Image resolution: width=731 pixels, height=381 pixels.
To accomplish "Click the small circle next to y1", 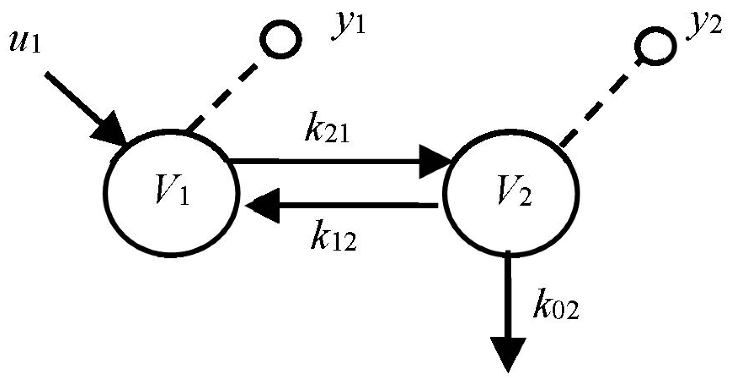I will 280,39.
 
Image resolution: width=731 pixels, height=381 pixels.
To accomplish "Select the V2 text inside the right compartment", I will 514,194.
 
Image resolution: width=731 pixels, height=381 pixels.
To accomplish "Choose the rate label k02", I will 556,307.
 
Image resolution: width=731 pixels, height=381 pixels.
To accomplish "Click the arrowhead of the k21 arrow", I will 434,162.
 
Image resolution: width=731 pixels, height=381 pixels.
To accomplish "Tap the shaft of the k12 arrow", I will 356,205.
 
